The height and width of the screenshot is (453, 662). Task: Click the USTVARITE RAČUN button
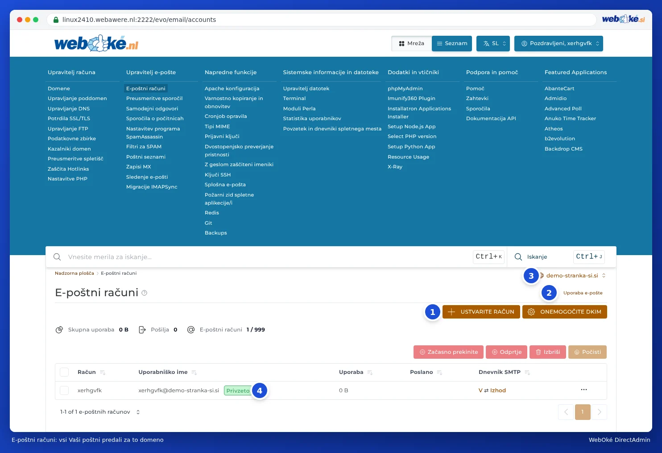tap(481, 311)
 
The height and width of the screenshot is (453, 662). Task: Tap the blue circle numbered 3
tap(531, 276)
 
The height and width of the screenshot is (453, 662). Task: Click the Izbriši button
tap(547, 352)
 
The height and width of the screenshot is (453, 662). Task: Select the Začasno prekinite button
tap(448, 352)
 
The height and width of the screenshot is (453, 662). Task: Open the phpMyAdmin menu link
tap(405, 88)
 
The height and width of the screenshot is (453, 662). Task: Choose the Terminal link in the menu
tap(294, 98)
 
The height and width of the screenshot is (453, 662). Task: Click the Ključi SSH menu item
tap(218, 175)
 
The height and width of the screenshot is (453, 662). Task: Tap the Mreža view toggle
tap(411, 43)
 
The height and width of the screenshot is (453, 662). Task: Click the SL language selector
tap(493, 43)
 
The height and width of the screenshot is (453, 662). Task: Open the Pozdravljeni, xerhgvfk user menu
tap(558, 43)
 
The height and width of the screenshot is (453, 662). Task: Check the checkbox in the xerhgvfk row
tap(64, 390)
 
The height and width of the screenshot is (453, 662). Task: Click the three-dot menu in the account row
tap(583, 390)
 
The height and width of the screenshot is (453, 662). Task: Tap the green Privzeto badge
tap(238, 390)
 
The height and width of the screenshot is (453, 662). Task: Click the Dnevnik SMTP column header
tap(500, 372)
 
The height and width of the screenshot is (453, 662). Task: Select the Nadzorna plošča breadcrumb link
tap(74, 273)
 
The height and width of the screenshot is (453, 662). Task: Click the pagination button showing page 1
tap(583, 412)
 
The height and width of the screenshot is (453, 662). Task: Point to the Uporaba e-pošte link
tap(583, 293)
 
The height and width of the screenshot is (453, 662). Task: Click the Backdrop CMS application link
tap(563, 148)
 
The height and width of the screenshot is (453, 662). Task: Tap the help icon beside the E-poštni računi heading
tap(144, 293)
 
